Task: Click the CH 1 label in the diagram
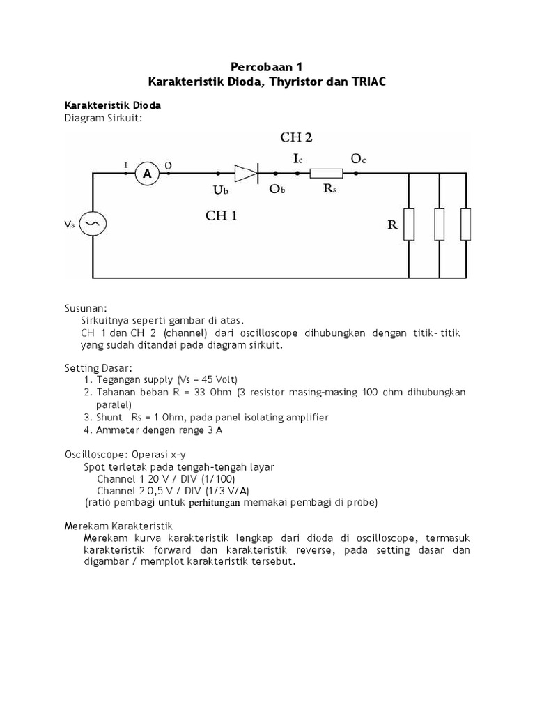tap(221, 215)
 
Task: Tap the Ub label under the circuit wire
tap(220, 190)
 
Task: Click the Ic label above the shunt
tap(297, 159)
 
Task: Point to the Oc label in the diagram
tap(358, 159)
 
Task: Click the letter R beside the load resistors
tap(392, 225)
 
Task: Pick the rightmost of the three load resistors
tap(465, 224)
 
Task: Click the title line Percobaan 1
tap(268, 67)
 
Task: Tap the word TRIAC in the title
tap(366, 82)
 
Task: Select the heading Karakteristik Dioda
tap(113, 105)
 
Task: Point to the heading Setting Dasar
tap(98, 367)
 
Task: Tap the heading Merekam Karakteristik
tap(118, 525)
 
